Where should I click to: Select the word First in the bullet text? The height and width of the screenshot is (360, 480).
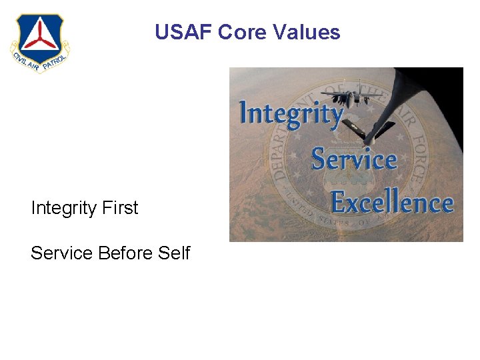121,208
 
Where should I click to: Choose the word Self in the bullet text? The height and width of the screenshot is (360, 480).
174,253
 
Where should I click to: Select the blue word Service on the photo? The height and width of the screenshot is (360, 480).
354,159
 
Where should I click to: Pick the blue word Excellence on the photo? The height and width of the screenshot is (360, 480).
392,203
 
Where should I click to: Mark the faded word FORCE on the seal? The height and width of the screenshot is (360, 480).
414,153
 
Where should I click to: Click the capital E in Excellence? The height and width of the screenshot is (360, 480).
341,201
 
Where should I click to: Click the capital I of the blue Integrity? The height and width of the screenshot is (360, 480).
244,112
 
